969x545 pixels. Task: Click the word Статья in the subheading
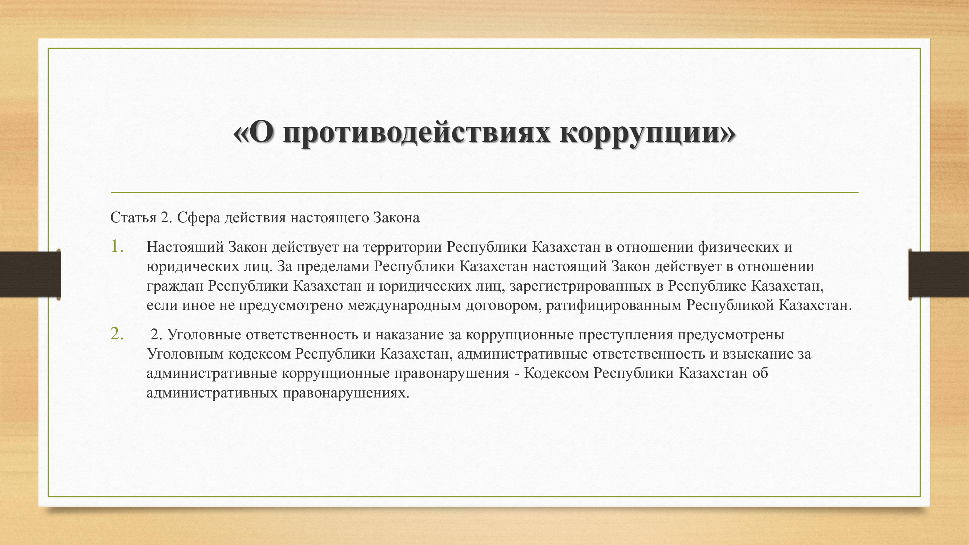133,218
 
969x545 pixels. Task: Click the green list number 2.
117,334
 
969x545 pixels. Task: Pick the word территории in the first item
403,247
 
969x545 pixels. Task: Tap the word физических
739,247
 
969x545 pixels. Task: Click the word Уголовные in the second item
204,335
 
